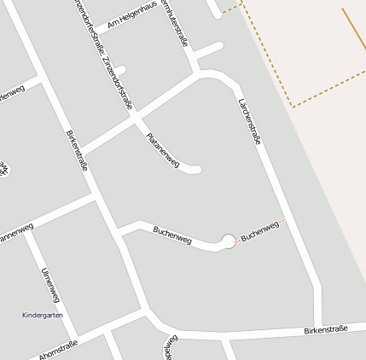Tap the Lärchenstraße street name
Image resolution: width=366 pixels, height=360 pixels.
pyautogui.click(x=247, y=121)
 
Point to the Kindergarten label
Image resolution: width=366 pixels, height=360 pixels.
pyautogui.click(x=42, y=315)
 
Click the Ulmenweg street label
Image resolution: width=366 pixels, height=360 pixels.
pyautogui.click(x=50, y=285)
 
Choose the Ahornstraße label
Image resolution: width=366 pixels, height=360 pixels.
pyautogui.click(x=59, y=350)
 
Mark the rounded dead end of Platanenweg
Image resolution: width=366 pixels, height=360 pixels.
pyautogui.click(x=195, y=169)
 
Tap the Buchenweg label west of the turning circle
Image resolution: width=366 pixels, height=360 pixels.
pyautogui.click(x=173, y=235)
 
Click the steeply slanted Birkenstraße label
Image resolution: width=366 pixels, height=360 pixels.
pyautogui.click(x=77, y=150)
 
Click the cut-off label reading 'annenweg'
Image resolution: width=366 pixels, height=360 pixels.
pyautogui.click(x=10, y=235)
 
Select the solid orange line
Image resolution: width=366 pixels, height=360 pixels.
pyautogui.click(x=354, y=30)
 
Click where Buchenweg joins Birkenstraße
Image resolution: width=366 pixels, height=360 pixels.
pyautogui.click(x=118, y=231)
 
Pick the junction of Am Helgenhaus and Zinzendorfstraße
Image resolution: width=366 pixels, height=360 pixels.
pyautogui.click(x=94, y=32)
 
